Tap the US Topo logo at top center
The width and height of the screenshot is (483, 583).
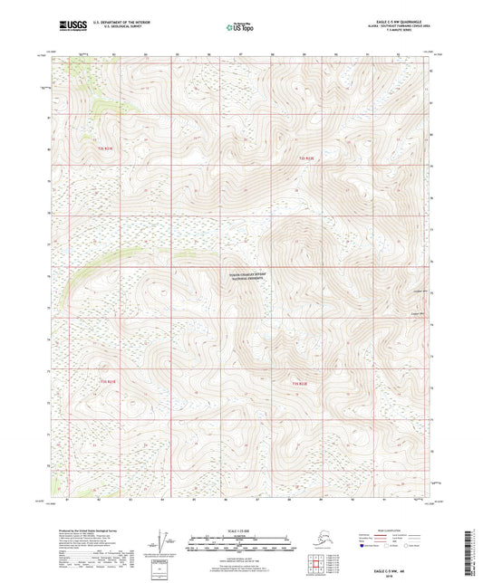(x=240, y=27)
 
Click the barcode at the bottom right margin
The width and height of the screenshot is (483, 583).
(x=473, y=552)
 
